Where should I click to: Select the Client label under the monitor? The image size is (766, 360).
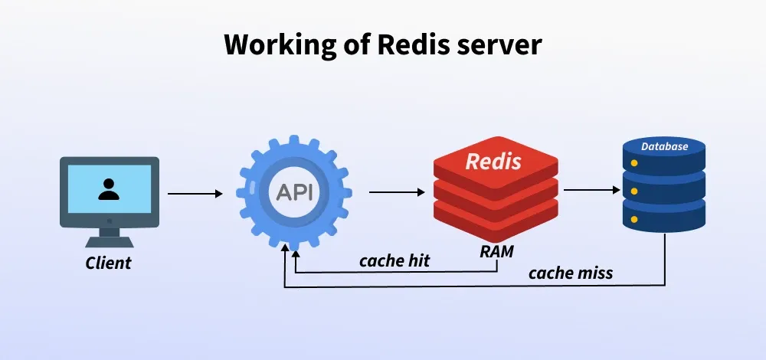tap(108, 263)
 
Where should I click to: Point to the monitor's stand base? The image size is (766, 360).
tap(110, 241)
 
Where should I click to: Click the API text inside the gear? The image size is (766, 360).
tap(295, 191)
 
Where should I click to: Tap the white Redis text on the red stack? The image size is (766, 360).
tap(494, 162)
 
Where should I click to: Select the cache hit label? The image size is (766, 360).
tap(394, 260)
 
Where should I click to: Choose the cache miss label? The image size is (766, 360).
tap(571, 272)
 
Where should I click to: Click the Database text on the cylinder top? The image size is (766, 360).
tap(664, 146)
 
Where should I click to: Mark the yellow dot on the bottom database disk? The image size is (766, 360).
tap(634, 218)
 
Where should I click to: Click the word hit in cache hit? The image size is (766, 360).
tap(417, 260)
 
